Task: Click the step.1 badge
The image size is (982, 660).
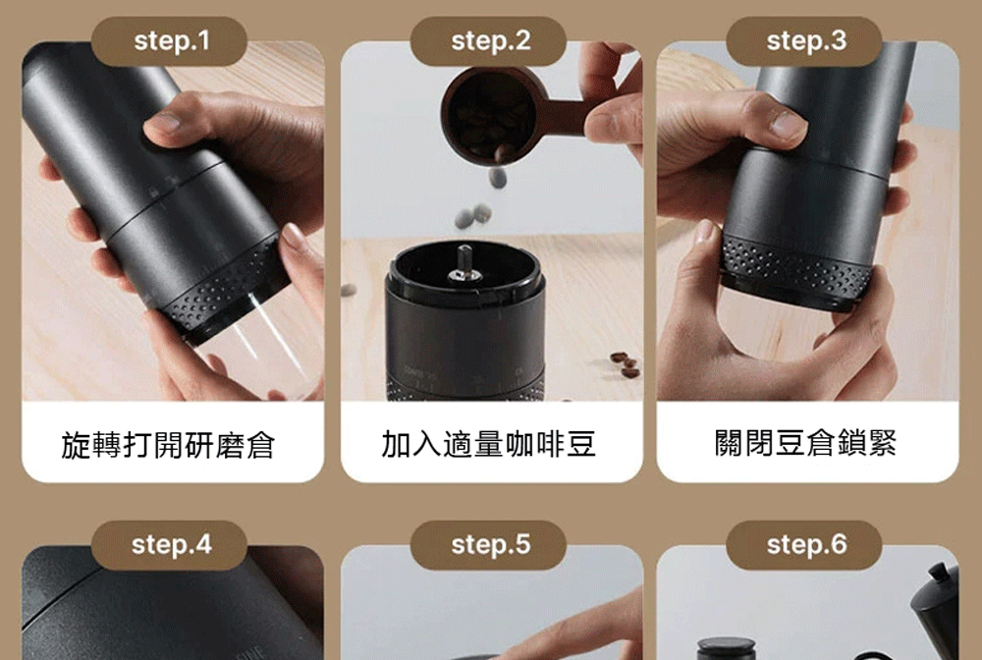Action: pos(171,41)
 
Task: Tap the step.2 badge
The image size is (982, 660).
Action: pos(489,41)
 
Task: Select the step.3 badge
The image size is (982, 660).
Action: pos(805,41)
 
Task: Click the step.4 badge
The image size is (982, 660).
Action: pos(171,545)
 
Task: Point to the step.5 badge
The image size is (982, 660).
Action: pos(489,545)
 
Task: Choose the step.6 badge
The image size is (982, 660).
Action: pos(805,545)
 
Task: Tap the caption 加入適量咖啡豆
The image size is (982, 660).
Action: pos(488,445)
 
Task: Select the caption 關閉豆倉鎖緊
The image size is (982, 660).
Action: pos(805,445)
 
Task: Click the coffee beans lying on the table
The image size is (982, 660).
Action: pos(626,364)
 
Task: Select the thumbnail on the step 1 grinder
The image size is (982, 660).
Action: pos(163,123)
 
